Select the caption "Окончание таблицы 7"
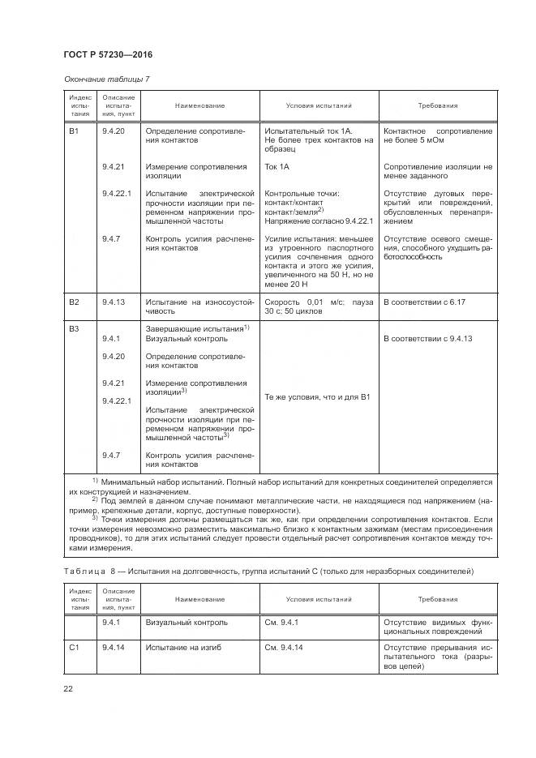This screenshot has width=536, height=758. (105, 79)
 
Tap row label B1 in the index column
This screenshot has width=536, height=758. (74, 131)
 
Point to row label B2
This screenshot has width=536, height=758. (74, 302)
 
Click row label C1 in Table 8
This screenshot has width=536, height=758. (74, 648)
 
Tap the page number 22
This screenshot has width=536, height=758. (67, 689)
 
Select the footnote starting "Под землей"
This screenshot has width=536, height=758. (284, 506)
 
